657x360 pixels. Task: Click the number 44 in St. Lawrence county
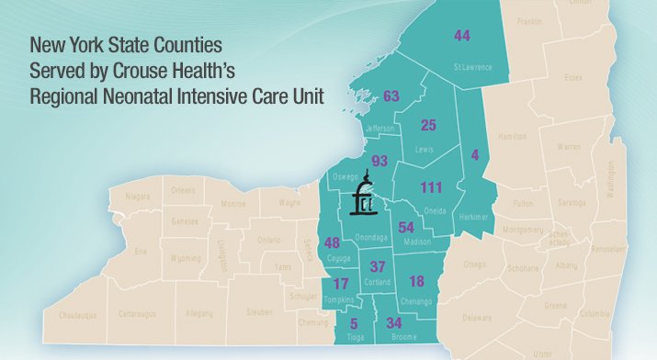(x=462, y=35)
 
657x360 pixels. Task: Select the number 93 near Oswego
(x=379, y=162)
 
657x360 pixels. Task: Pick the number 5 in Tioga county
(x=355, y=323)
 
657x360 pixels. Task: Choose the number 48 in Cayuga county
(x=333, y=243)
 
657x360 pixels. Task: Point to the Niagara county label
(x=138, y=195)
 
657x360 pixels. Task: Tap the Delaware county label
(x=477, y=318)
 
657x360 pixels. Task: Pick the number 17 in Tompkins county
(x=342, y=284)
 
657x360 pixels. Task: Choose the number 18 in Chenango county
(x=416, y=282)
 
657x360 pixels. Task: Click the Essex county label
(x=573, y=78)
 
